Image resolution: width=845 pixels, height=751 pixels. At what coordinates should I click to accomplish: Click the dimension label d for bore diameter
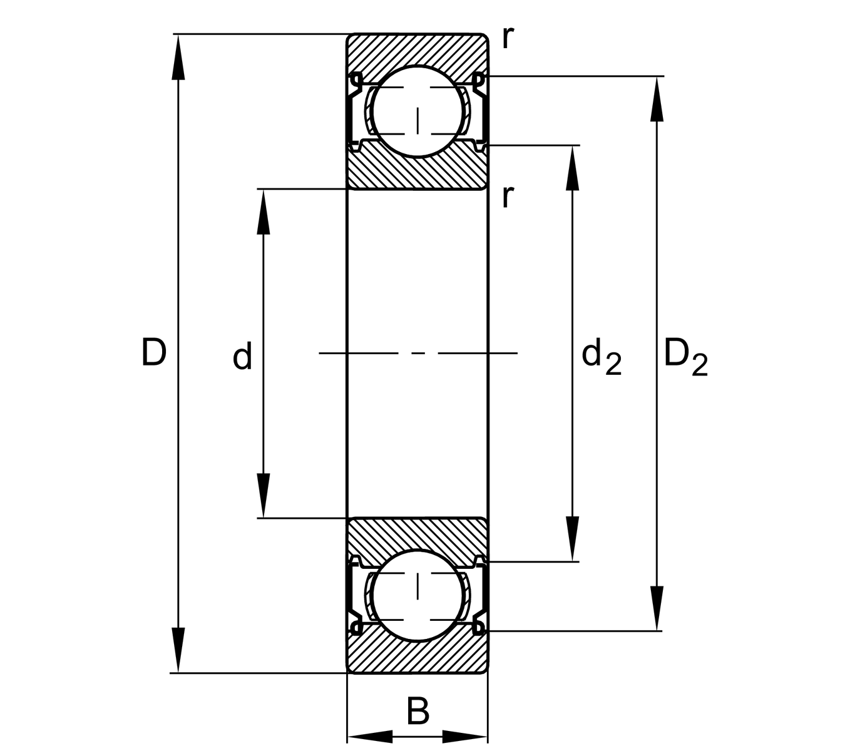coord(242,357)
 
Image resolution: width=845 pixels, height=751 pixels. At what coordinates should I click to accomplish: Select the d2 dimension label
coord(601,357)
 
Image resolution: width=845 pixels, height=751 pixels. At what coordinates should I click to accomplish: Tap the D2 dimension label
coord(685,357)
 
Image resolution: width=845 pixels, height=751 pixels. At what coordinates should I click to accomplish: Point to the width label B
coord(417,712)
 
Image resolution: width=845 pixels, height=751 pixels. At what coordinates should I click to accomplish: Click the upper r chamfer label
coord(508,39)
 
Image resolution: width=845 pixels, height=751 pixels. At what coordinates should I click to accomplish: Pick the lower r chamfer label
coord(508,197)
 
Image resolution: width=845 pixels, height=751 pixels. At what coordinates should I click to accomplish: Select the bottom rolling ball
coord(418,595)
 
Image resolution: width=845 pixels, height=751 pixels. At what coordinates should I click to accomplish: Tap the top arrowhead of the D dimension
coord(179,56)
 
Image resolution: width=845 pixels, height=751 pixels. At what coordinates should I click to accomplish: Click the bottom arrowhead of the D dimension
coord(179,651)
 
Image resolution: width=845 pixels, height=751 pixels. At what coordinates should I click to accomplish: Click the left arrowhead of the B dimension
coord(370,737)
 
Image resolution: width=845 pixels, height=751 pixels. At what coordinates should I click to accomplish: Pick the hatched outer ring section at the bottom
coord(417,657)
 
